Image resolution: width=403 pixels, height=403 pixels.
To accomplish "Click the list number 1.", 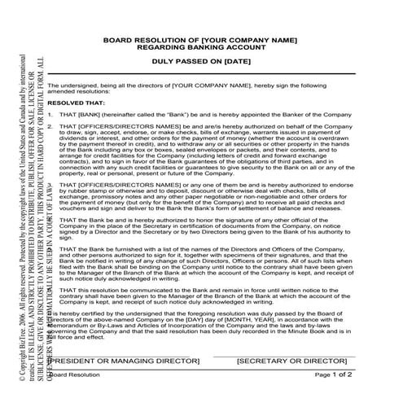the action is [x=50, y=115].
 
